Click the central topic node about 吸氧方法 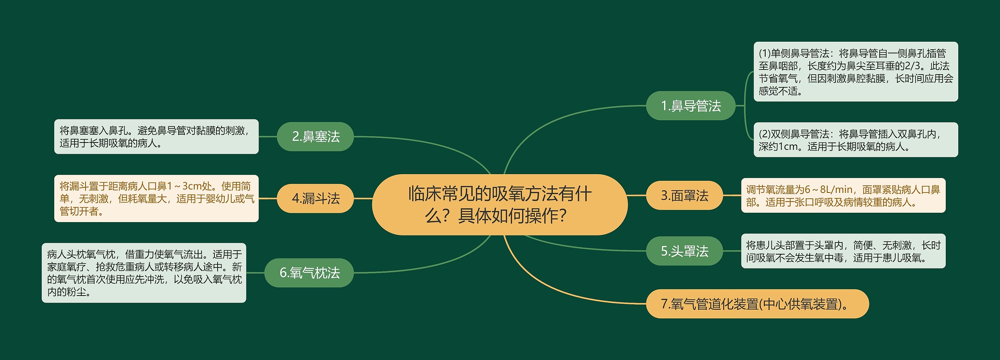500,204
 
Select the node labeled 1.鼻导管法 691,106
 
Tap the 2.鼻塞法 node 315,137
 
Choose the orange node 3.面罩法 684,195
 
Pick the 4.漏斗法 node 315,198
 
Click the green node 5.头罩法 684,251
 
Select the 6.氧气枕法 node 309,273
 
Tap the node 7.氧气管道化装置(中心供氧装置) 757,304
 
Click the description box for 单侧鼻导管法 855,72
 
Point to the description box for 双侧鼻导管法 855,140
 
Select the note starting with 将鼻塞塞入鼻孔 156,137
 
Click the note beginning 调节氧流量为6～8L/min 843,195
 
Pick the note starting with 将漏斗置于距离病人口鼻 156,198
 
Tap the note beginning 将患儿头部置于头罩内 843,251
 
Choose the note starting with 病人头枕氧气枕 144,273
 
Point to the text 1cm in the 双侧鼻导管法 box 788,146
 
